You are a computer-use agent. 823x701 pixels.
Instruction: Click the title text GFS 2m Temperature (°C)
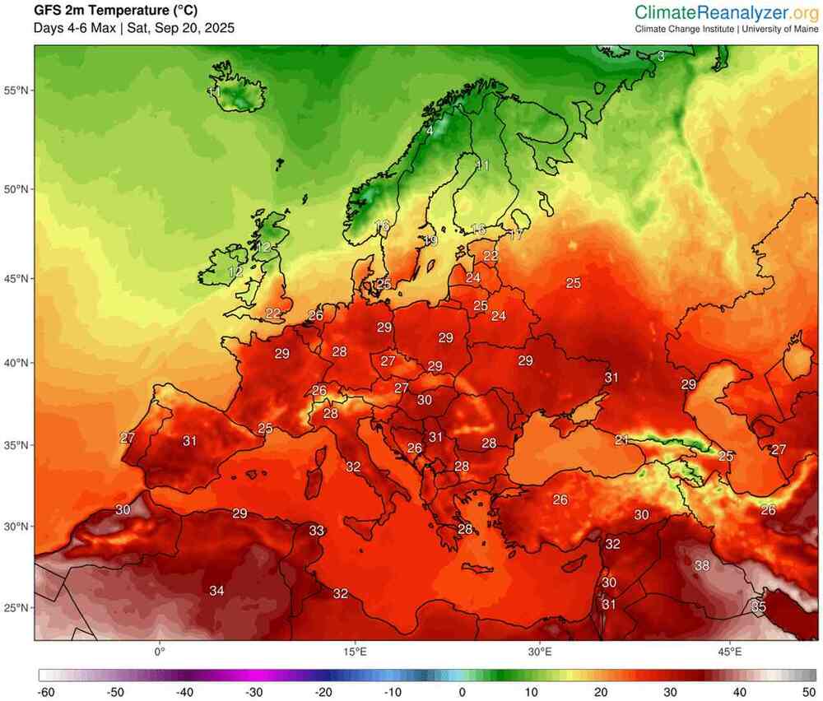click(115, 11)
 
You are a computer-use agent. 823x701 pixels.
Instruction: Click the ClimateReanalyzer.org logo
click(726, 12)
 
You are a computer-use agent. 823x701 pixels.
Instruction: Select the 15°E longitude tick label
click(355, 652)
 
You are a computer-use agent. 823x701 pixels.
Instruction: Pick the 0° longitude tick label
click(160, 652)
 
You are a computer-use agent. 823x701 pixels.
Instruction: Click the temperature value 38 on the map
click(702, 565)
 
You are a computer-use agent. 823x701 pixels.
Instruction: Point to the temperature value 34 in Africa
click(216, 591)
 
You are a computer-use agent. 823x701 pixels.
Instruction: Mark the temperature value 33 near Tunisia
click(316, 531)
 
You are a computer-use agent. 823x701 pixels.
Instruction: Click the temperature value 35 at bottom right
click(759, 606)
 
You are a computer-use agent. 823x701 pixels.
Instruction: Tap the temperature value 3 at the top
click(661, 56)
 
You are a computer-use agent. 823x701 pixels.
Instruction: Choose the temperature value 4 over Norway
click(430, 130)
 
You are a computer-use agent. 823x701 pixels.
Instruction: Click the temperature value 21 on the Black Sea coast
click(621, 440)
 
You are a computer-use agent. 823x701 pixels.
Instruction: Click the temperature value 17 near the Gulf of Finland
click(516, 235)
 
